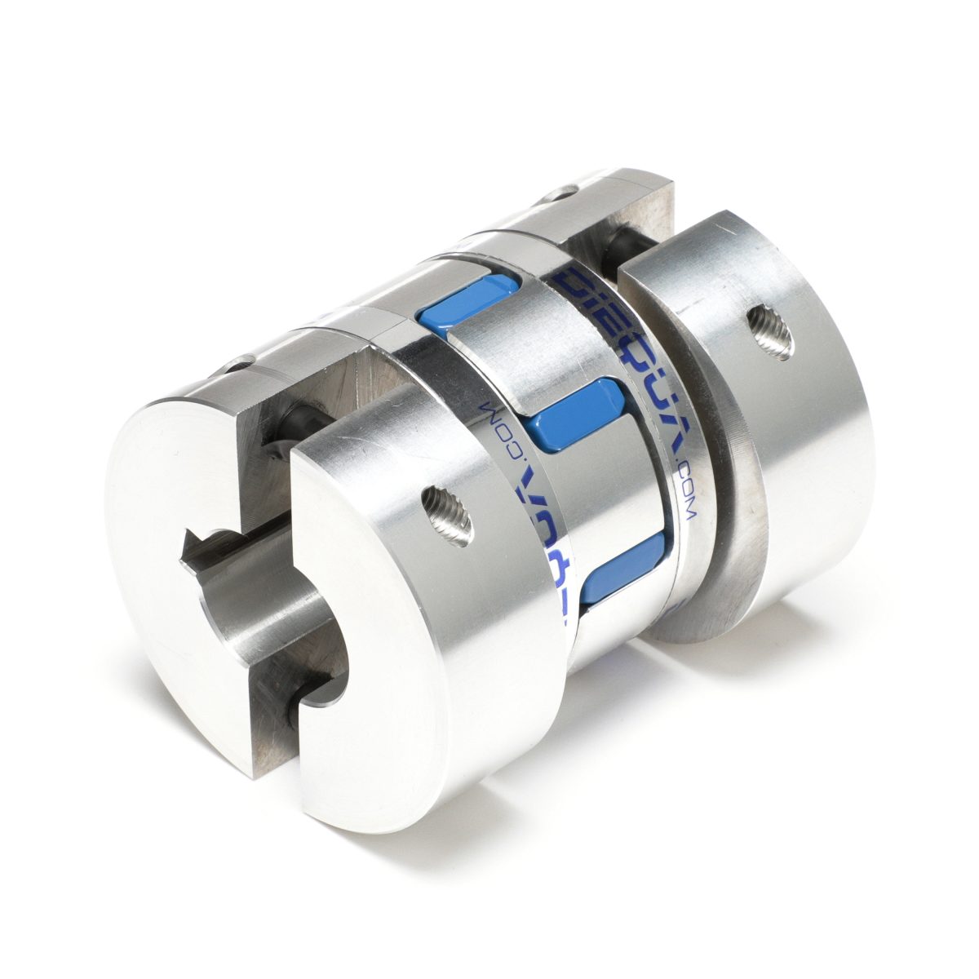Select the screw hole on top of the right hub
click(563, 193)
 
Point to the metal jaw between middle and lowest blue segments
click(612, 489)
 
